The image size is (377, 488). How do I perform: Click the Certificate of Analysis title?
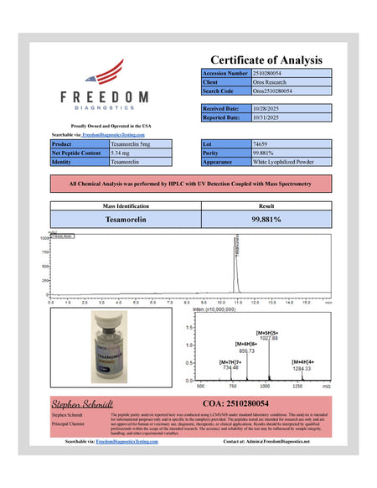[266, 60]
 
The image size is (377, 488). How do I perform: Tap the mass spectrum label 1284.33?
[302, 369]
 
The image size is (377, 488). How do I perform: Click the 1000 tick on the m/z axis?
[265, 387]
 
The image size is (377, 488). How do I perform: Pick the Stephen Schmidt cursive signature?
[86, 404]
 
